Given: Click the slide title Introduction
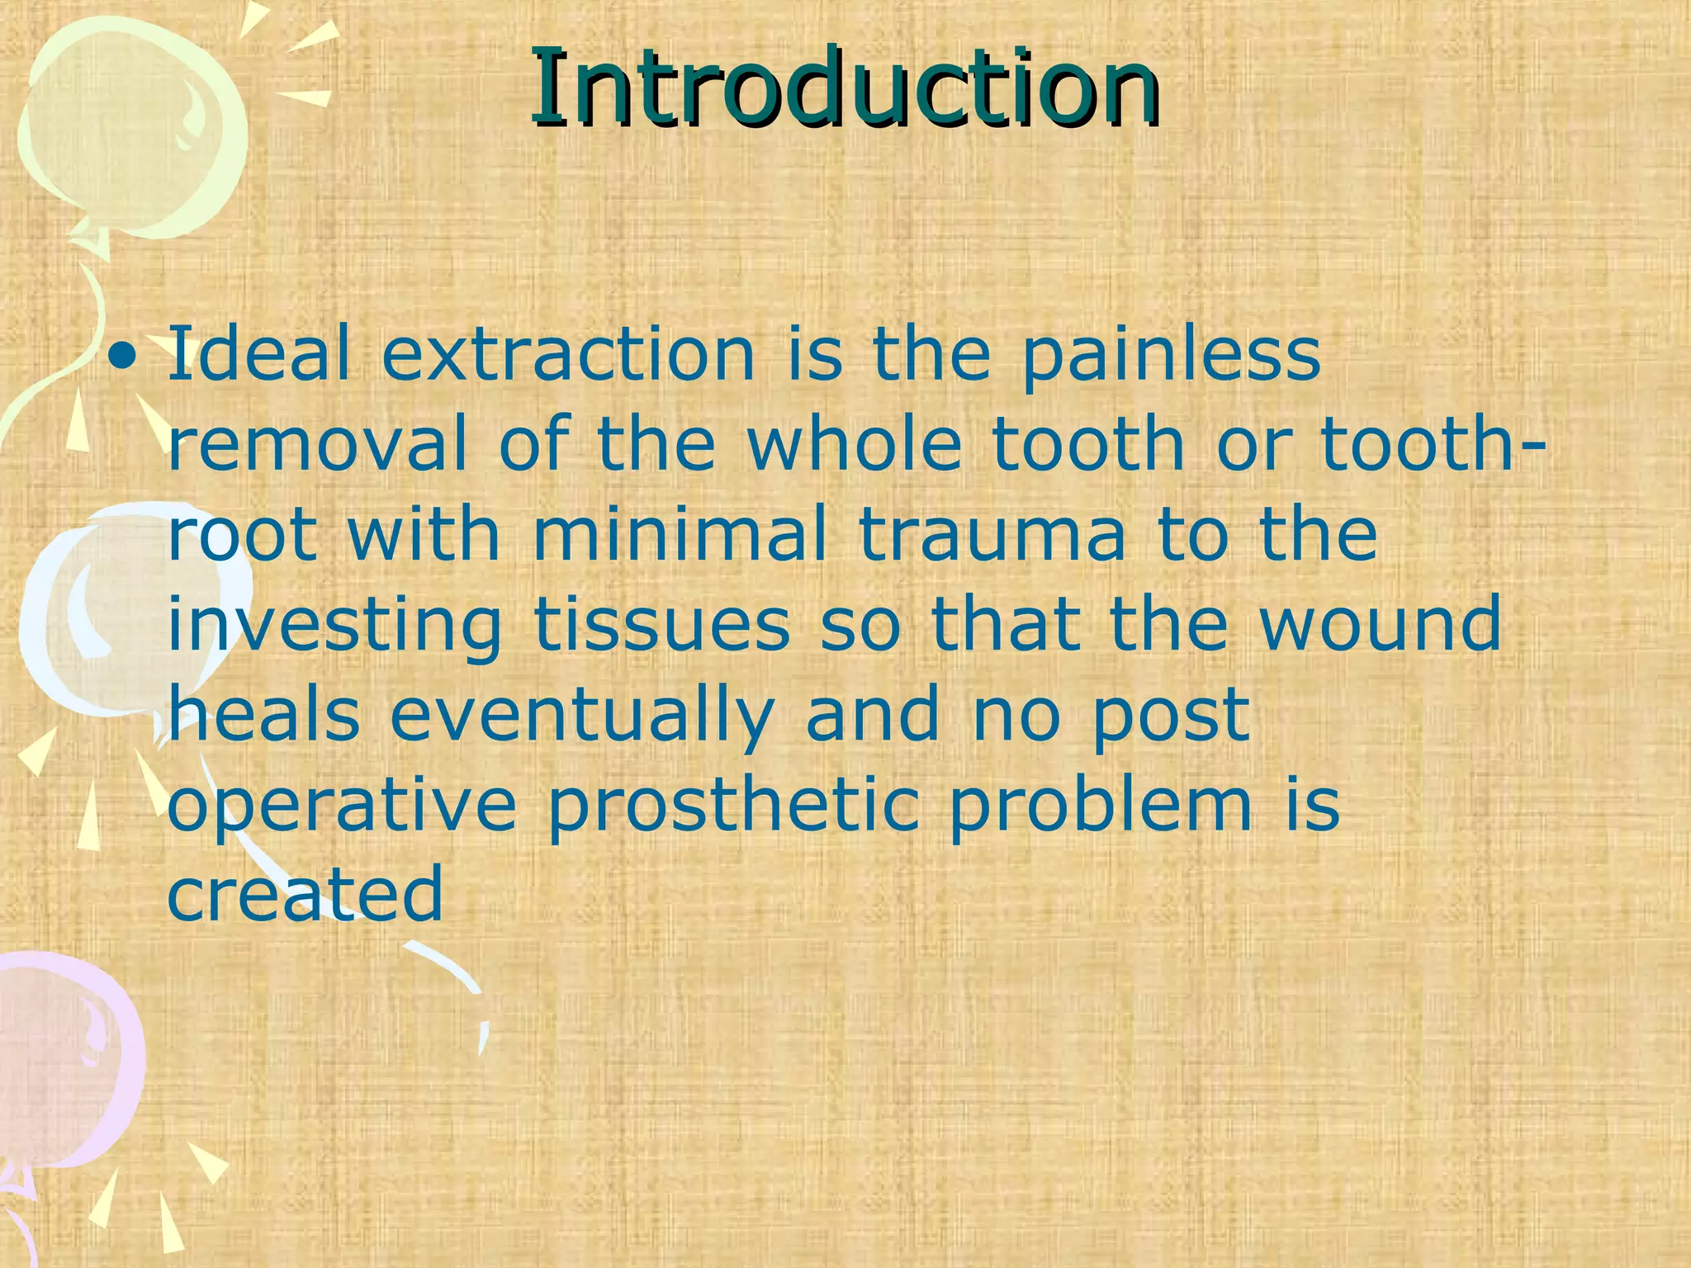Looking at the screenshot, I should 845,89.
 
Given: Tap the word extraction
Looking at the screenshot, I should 568,355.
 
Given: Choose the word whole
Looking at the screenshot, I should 855,446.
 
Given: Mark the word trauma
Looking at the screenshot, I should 991,537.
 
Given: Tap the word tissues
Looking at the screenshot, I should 662,626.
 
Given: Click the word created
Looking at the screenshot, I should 306,896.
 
